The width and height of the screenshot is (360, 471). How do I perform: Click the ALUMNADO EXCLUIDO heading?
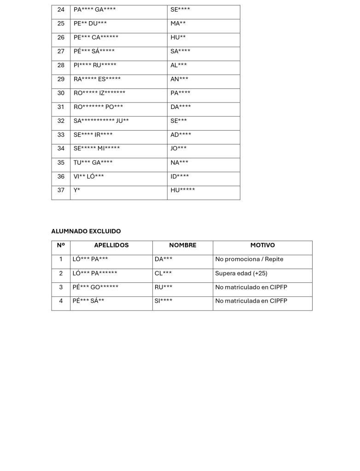86,231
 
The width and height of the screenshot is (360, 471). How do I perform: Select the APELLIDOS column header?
111,246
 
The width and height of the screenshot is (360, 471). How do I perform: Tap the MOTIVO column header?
262,246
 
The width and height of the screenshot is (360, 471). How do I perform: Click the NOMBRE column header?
183,246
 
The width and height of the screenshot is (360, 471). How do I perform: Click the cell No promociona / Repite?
249,259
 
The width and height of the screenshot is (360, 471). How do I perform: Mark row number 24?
61,10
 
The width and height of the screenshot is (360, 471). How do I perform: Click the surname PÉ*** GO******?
96,287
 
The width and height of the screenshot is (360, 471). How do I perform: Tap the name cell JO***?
179,148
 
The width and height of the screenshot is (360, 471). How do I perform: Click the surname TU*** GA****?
93,162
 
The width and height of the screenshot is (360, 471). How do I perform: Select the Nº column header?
61,246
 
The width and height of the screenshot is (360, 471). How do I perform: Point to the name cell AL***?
179,65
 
